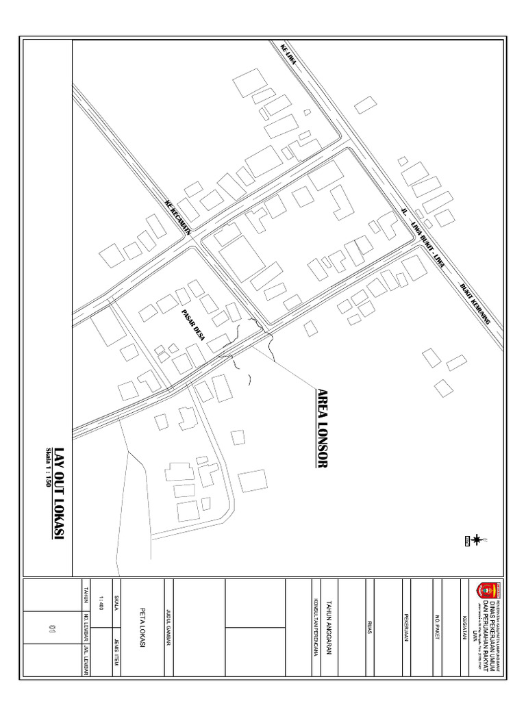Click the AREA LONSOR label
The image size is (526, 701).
pyautogui.click(x=323, y=429)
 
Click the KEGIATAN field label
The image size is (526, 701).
pyautogui.click(x=466, y=627)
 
